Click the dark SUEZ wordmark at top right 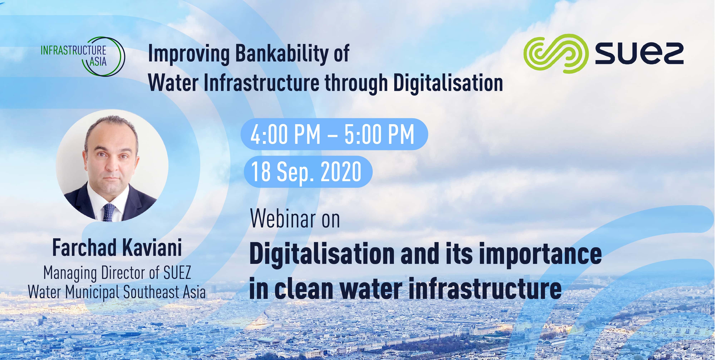[639, 54]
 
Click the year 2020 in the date [341, 172]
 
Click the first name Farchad [84, 248]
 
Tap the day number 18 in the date [261, 172]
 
